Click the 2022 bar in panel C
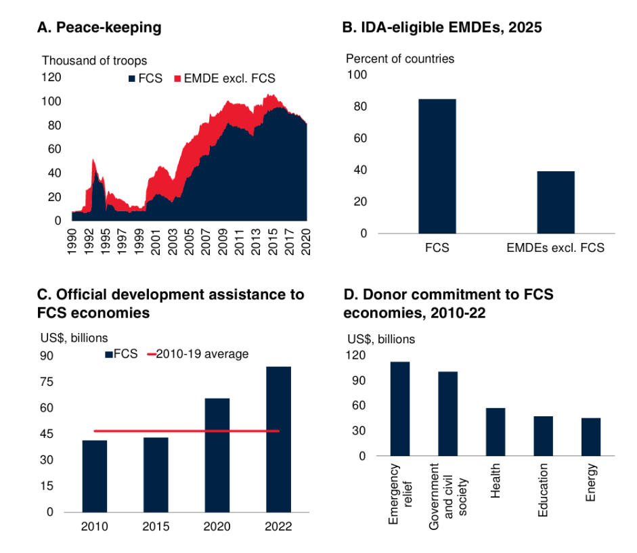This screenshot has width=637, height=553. click(278, 439)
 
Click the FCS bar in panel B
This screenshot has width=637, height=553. click(437, 166)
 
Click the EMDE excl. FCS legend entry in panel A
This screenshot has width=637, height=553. click(225, 79)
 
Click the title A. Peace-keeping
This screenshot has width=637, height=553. click(99, 28)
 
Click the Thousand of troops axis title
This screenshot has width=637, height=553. click(94, 62)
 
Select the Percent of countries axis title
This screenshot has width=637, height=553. click(400, 59)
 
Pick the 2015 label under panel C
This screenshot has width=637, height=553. click(156, 527)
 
